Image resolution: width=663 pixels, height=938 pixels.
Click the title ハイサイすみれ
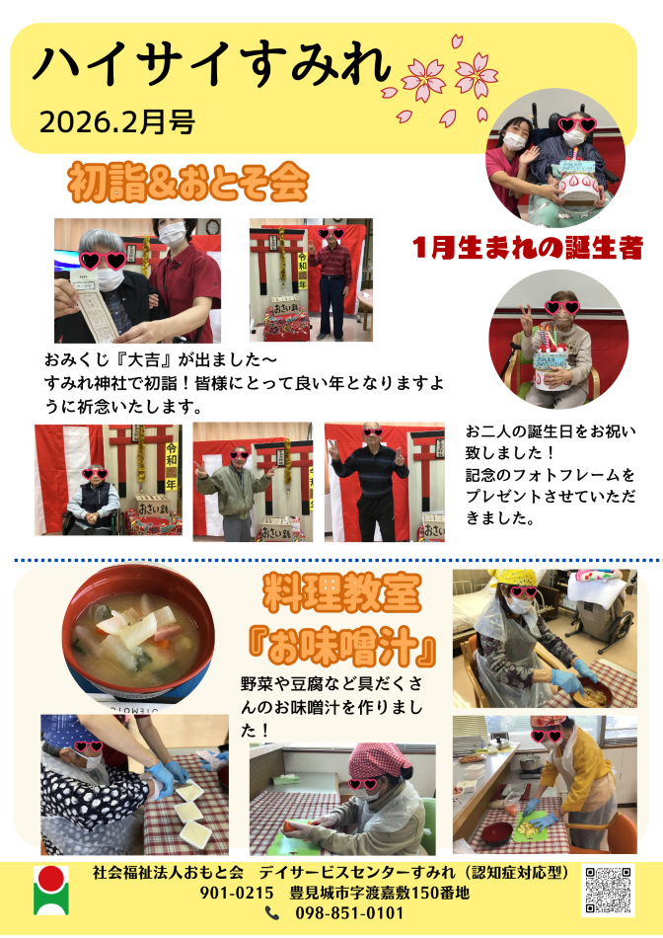[x=212, y=64]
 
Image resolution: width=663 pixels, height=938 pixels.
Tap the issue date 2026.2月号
[x=117, y=122]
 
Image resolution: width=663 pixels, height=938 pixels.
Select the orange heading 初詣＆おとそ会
[x=188, y=182]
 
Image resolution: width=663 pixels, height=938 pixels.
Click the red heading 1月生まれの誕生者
[x=527, y=248]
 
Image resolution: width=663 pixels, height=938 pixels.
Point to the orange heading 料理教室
[x=341, y=592]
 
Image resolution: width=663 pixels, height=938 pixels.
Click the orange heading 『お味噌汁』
[x=341, y=649]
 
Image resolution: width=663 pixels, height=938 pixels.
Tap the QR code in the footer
[x=608, y=891]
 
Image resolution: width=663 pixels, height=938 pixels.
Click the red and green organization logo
[x=51, y=891]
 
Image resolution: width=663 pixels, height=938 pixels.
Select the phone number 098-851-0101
[x=349, y=913]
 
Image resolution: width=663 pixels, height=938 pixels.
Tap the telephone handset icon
[x=272, y=913]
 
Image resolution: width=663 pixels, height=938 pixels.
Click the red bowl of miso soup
[x=138, y=634]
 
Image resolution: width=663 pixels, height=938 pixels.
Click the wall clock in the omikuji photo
[x=212, y=227]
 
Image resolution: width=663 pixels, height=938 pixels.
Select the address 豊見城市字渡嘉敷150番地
[x=380, y=893]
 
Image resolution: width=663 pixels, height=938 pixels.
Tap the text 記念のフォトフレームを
[x=550, y=475]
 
